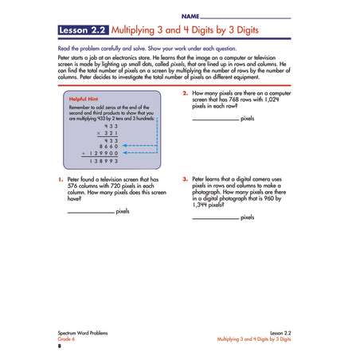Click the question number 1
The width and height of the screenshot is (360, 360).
(x=60, y=180)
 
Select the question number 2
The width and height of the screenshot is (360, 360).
(x=185, y=93)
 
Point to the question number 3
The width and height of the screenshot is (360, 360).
(x=185, y=179)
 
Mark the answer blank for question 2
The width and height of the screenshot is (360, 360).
(x=215, y=119)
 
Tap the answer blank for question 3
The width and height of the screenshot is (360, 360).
(x=215, y=218)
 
